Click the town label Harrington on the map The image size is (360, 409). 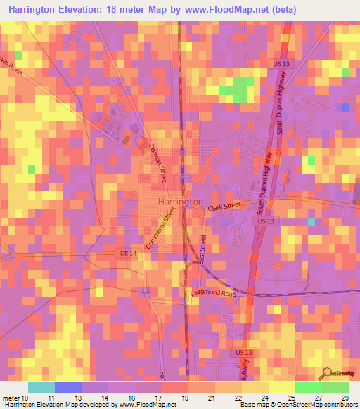[x=181, y=202]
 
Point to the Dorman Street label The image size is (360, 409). [x=157, y=163]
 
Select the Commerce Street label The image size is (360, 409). [x=159, y=231]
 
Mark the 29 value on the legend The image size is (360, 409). [x=345, y=397]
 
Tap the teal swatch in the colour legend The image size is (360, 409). [x=41, y=387]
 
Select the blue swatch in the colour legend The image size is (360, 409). [x=68, y=387]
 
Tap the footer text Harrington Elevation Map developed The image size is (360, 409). [x=56, y=405]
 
